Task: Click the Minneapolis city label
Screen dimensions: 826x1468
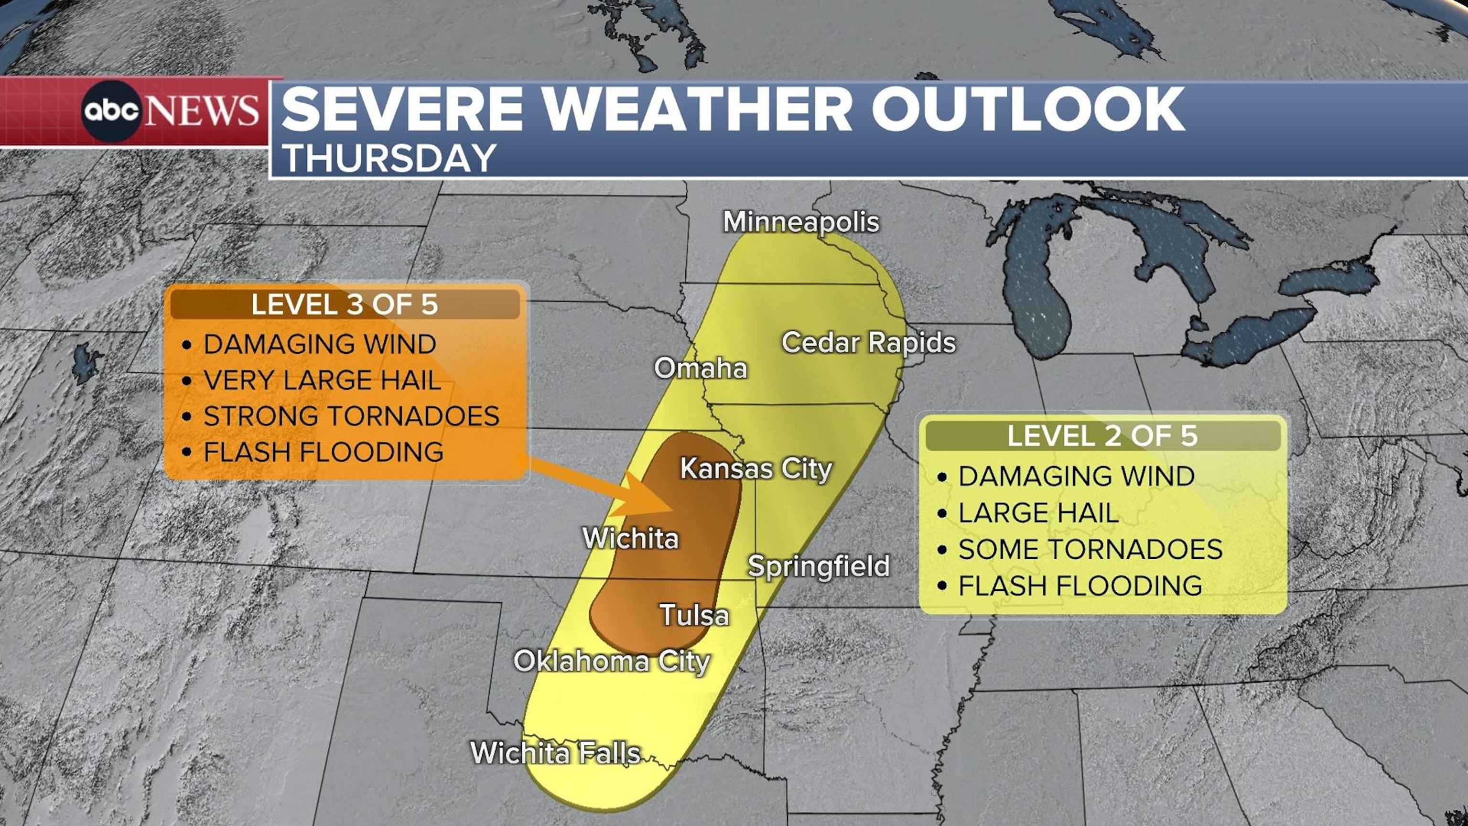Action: click(801, 222)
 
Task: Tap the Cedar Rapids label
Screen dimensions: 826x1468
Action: click(868, 342)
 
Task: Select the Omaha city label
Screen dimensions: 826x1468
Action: click(701, 368)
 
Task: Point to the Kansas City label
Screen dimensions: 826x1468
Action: click(756, 468)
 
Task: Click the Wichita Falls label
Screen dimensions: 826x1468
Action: click(555, 752)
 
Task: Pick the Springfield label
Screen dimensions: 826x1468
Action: click(818, 566)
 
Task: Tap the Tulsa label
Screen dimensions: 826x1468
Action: click(694, 615)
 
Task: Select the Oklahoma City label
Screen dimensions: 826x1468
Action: click(612, 661)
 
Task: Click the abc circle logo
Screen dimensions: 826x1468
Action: click(111, 110)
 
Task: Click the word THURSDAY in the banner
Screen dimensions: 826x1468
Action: click(390, 158)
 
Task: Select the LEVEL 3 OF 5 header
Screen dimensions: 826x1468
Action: click(344, 304)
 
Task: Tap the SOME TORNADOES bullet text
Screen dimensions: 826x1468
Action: click(1090, 549)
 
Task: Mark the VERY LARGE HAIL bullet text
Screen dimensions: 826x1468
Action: click(322, 380)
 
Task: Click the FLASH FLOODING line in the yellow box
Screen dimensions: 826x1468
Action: click(1080, 586)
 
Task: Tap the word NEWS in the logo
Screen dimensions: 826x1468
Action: click(202, 110)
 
